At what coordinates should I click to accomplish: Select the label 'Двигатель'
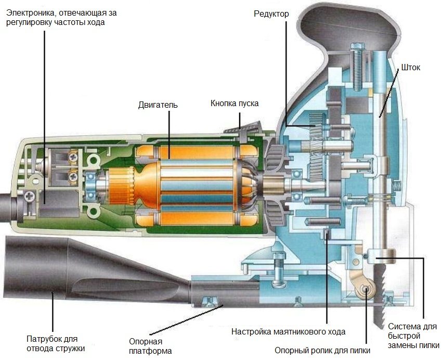(158, 105)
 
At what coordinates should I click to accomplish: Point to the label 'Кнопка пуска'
(234, 103)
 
